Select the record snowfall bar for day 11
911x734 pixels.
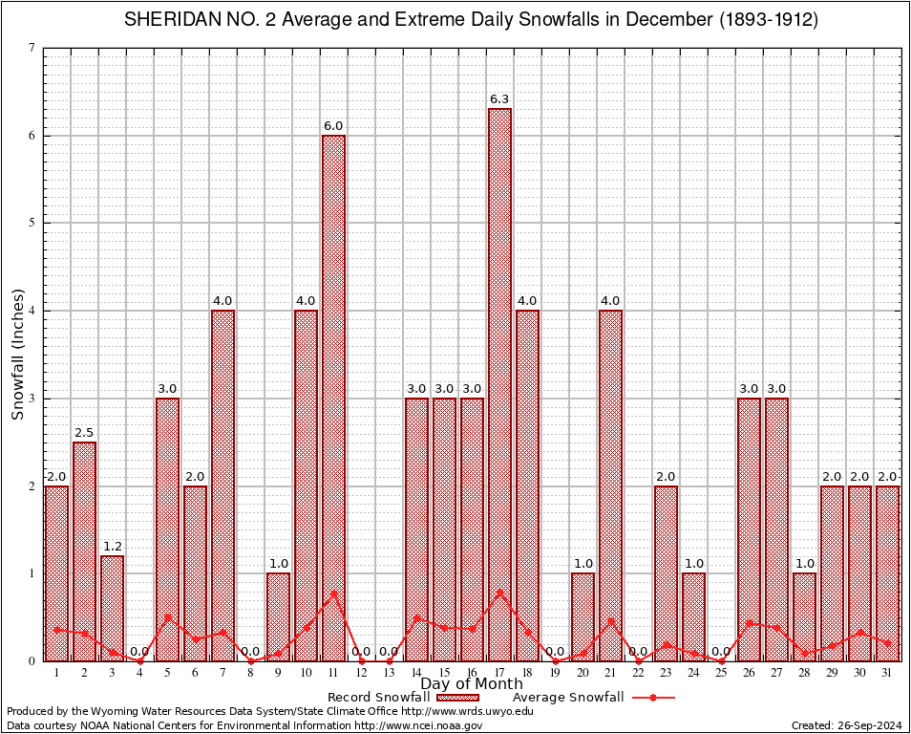(333, 398)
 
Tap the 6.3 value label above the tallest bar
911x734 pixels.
(499, 98)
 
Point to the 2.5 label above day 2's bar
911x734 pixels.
(84, 432)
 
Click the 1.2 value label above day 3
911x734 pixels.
(112, 546)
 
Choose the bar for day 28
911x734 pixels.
(804, 616)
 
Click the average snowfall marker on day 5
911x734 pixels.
(167, 616)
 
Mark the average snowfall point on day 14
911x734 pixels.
(416, 617)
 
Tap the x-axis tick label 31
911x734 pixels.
(887, 673)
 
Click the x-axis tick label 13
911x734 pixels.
(389, 673)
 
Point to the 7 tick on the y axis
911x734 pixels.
(32, 48)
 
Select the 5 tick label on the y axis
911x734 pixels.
(32, 223)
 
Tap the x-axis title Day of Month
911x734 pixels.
(472, 683)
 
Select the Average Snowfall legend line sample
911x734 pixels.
(653, 698)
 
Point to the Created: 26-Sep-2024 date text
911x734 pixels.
(846, 725)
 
